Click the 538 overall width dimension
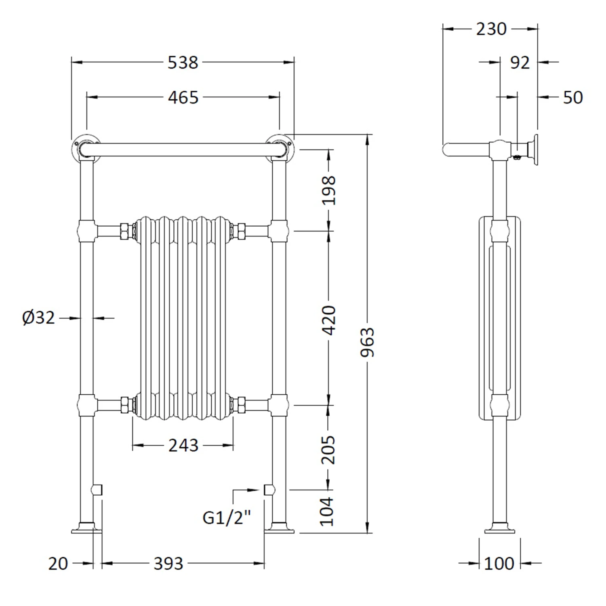(x=183, y=63)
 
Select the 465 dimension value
(x=183, y=98)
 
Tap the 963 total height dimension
(x=368, y=342)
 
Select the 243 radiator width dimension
(x=183, y=446)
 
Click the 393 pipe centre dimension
(x=168, y=564)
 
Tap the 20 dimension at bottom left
(x=58, y=564)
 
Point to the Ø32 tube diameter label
(x=38, y=318)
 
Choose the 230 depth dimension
(x=491, y=29)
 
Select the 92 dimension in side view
(x=520, y=63)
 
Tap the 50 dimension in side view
(x=573, y=98)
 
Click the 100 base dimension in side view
(x=499, y=564)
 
